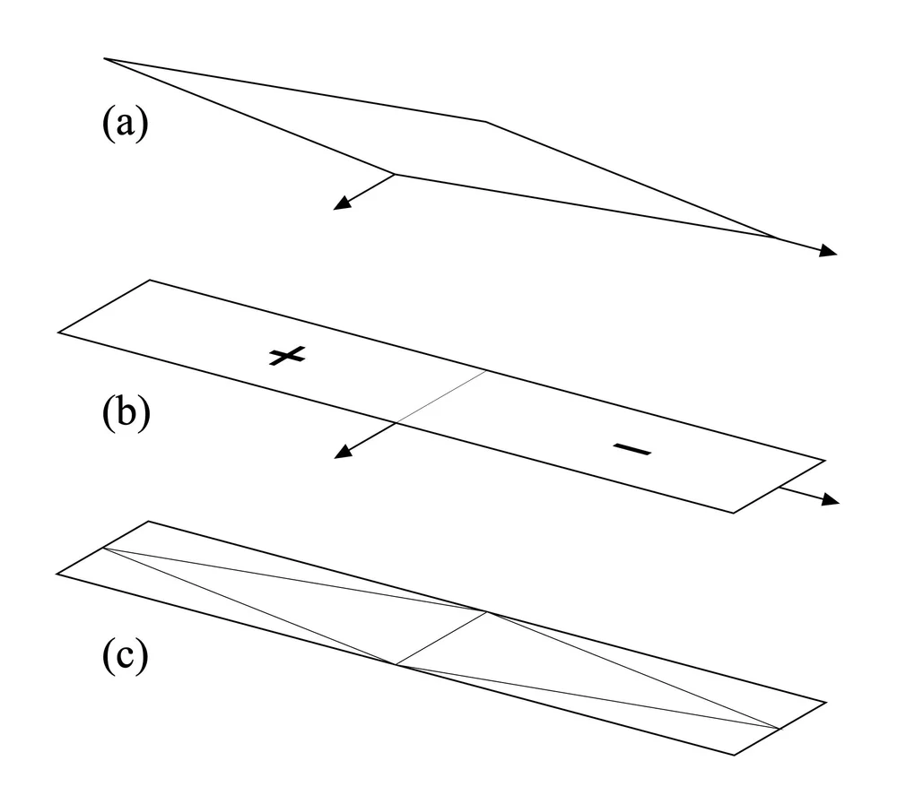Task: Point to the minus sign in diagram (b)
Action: coord(633,449)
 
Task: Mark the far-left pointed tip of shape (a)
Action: coord(105,59)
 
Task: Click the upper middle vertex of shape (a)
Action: coord(485,120)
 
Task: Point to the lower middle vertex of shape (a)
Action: coord(396,175)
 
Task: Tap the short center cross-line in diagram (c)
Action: coord(441,638)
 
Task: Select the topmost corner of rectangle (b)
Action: coord(149,281)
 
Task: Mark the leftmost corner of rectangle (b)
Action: coord(58,333)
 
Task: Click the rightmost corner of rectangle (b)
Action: coord(824,460)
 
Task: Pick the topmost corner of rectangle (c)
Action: coord(149,522)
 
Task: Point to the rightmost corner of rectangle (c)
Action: coord(824,702)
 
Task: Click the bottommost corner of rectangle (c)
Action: coord(735,754)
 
